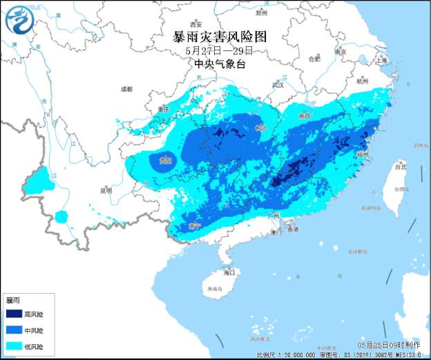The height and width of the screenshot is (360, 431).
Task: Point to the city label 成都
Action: pos(126,89)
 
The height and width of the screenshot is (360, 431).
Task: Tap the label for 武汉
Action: pos(278,85)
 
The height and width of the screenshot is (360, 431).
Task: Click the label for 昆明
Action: pos(105,189)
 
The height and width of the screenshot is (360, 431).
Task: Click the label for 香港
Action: pos(293,229)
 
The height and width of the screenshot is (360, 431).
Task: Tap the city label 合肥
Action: pos(315,59)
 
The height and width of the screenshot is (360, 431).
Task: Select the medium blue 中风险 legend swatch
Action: pos(14,331)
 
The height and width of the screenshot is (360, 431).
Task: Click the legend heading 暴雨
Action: pos(12,301)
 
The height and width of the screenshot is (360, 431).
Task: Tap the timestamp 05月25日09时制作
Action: pos(389,345)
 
